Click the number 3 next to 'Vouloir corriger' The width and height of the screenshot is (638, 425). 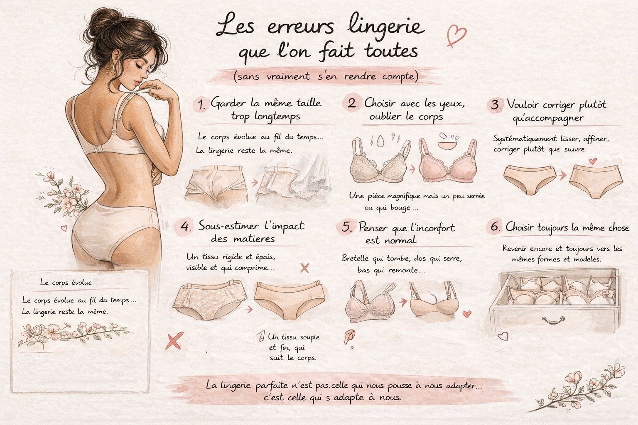coord(495,105)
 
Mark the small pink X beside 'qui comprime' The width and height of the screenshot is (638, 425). coord(304,268)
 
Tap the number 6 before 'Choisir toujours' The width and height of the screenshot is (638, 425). coord(495,227)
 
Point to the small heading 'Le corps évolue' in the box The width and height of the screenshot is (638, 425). coord(66,283)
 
